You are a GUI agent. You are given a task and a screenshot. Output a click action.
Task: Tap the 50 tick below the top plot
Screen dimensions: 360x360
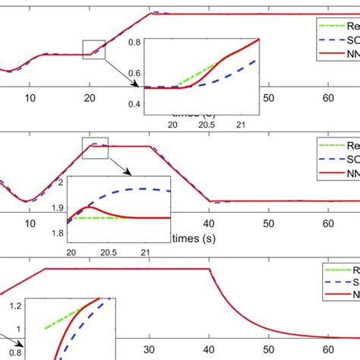point(267,97)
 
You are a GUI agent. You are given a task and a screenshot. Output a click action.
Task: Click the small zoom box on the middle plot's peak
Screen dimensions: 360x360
point(96,145)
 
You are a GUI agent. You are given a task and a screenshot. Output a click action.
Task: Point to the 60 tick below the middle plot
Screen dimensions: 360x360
point(327,224)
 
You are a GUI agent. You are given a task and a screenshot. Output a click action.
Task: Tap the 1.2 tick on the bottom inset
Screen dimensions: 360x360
point(15,305)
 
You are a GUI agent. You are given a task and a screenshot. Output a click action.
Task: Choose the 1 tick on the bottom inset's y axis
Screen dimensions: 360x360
point(19,329)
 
